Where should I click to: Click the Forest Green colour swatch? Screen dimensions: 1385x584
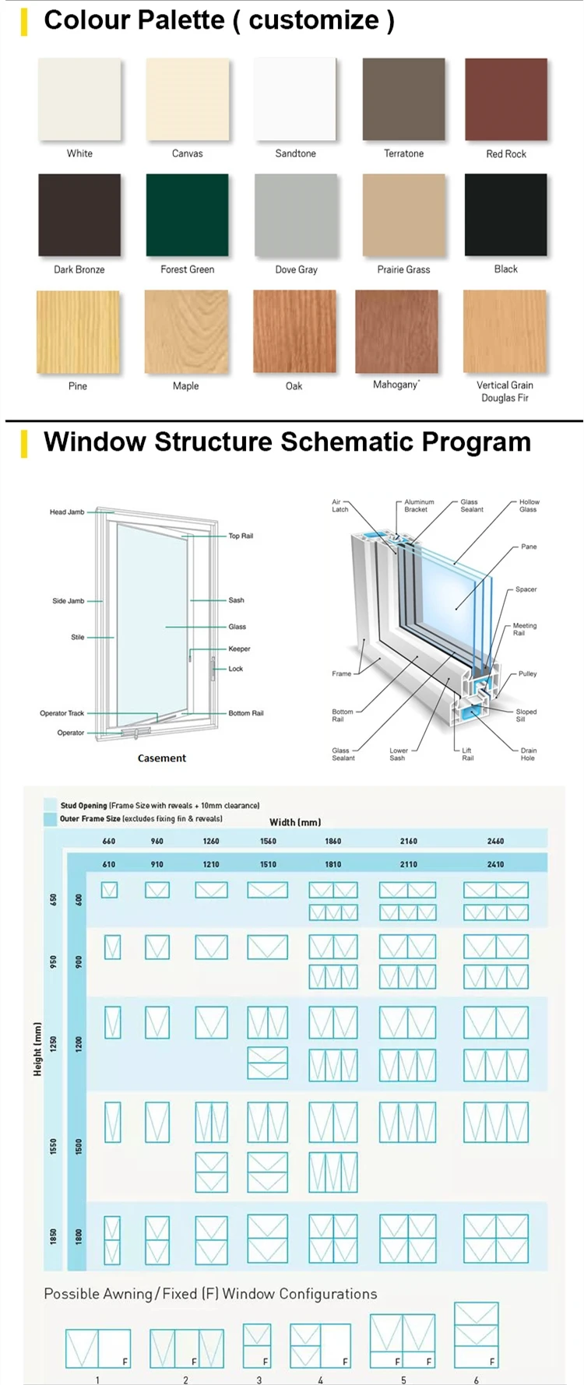tap(187, 216)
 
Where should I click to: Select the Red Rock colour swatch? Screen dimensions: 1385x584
tap(506, 100)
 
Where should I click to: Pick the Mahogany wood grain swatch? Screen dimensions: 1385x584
tap(396, 332)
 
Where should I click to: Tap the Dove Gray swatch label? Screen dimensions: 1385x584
tap(296, 270)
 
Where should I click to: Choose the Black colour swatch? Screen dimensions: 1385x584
tap(505, 215)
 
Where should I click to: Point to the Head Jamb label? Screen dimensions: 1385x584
tap(67, 512)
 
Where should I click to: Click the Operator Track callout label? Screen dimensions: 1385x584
tap(62, 713)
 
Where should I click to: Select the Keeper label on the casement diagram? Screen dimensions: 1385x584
tap(239, 649)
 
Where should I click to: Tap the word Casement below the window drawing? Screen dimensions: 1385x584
tap(162, 758)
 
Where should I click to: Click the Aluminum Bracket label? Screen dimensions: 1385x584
tap(419, 506)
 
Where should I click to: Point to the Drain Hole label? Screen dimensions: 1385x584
tap(529, 754)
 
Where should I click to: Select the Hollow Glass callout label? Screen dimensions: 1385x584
tap(529, 506)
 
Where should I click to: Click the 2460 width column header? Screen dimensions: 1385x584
tap(495, 841)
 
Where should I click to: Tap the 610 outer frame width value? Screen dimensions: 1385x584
tap(109, 864)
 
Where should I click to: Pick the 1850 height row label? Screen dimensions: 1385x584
tap(54, 1236)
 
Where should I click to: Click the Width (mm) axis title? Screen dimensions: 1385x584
tap(295, 822)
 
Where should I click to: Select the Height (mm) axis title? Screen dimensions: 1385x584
tap(37, 1049)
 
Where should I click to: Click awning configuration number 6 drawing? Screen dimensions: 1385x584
tap(476, 1335)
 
